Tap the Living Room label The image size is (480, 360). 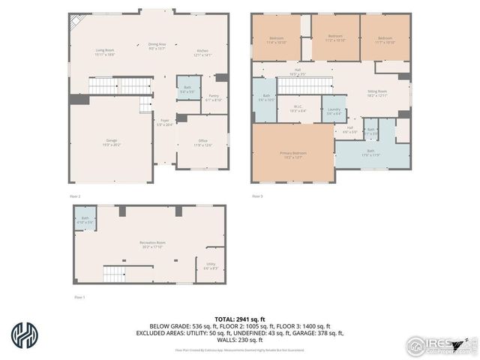pyautogui.click(x=104, y=52)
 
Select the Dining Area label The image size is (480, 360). pyautogui.click(x=157, y=46)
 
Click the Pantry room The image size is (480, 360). pyautogui.click(x=214, y=97)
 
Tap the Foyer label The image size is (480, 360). pyautogui.click(x=164, y=122)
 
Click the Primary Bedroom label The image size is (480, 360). pyautogui.click(x=293, y=154)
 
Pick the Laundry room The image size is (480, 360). pyautogui.click(x=334, y=110)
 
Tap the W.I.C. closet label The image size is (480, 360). pyautogui.click(x=298, y=107)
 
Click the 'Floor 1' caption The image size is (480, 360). pyautogui.click(x=79, y=298)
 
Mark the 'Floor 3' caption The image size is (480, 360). pyautogui.click(x=256, y=196)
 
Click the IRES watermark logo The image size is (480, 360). pyautogui.click(x=439, y=344)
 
